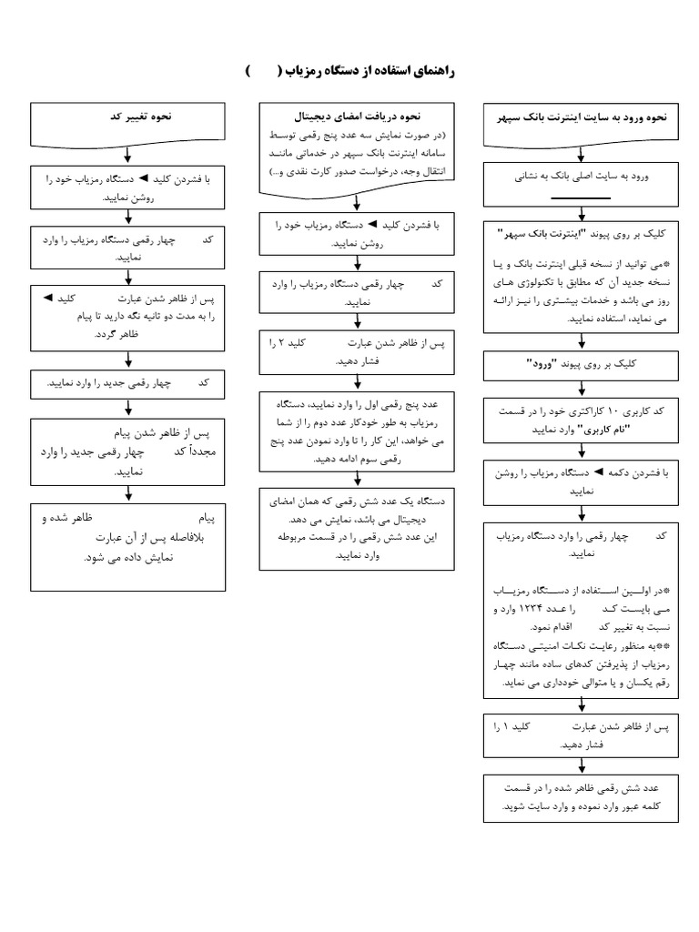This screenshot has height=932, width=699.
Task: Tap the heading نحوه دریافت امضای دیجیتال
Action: pos(358,118)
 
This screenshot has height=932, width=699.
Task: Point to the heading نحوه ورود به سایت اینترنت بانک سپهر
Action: pos(583,118)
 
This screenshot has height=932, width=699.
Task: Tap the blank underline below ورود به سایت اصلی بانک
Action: pos(581,198)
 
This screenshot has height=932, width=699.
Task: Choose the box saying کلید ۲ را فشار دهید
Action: pos(357,351)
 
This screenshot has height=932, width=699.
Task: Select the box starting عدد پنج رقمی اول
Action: pos(357,430)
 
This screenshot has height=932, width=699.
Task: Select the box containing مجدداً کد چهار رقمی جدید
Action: pos(127,449)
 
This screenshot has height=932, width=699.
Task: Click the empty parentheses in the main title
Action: pos(261,72)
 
